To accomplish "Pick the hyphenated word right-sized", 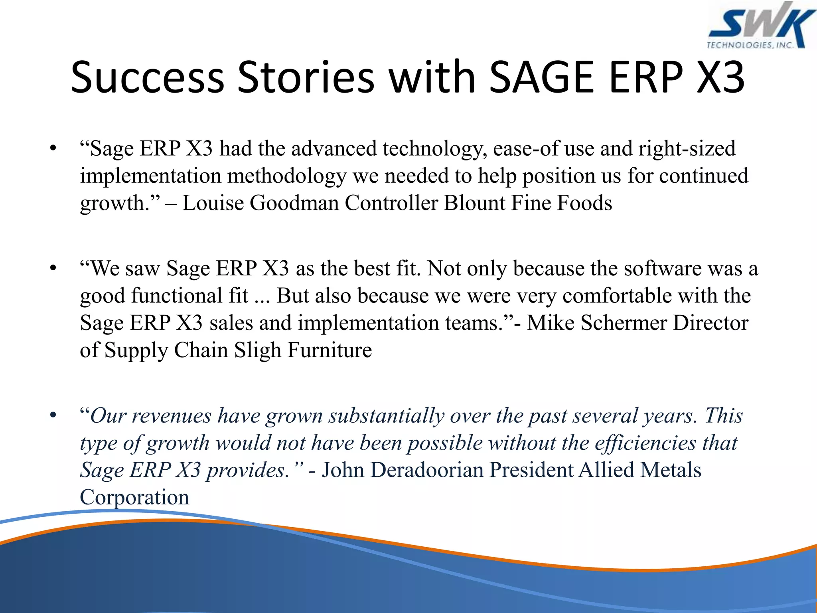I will pyautogui.click(x=687, y=149).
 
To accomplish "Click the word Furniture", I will pyautogui.click(x=330, y=350).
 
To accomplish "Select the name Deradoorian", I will pyautogui.click(x=426, y=470).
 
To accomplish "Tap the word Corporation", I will pyautogui.click(x=134, y=498).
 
